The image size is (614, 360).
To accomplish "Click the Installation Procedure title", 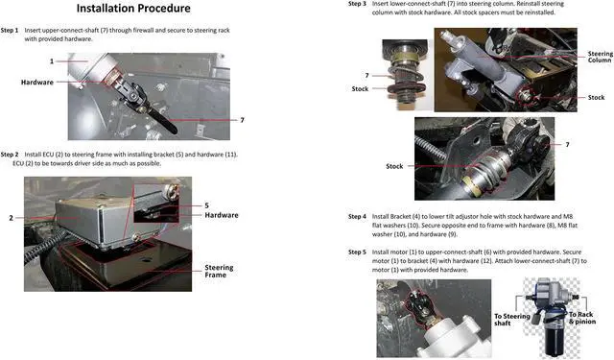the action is tap(133, 9).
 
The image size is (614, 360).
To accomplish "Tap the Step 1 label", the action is tap(10, 30).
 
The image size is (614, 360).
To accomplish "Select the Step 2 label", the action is tap(10, 155).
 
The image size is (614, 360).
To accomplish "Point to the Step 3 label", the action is tap(357, 4).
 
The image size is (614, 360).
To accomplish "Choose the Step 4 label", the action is tap(357, 216).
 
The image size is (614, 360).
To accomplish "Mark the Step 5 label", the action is tap(357, 252).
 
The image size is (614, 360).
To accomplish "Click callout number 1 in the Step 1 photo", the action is tap(52, 61).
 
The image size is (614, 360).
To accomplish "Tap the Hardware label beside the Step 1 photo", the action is tap(37, 83).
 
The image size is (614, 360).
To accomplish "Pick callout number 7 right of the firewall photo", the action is tap(242, 120).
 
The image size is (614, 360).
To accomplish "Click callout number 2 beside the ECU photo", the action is tap(11, 218).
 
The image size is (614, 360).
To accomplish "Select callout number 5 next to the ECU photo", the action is tap(207, 205).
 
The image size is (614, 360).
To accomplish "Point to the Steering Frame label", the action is tap(219, 271).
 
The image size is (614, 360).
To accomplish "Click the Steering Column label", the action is tap(601, 57).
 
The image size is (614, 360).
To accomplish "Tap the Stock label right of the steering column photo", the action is tap(596, 98).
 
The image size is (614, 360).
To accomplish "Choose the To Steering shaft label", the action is tap(511, 320).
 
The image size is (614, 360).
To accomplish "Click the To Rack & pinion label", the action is tap(582, 318).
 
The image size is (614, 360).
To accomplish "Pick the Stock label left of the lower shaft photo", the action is tap(394, 166).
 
